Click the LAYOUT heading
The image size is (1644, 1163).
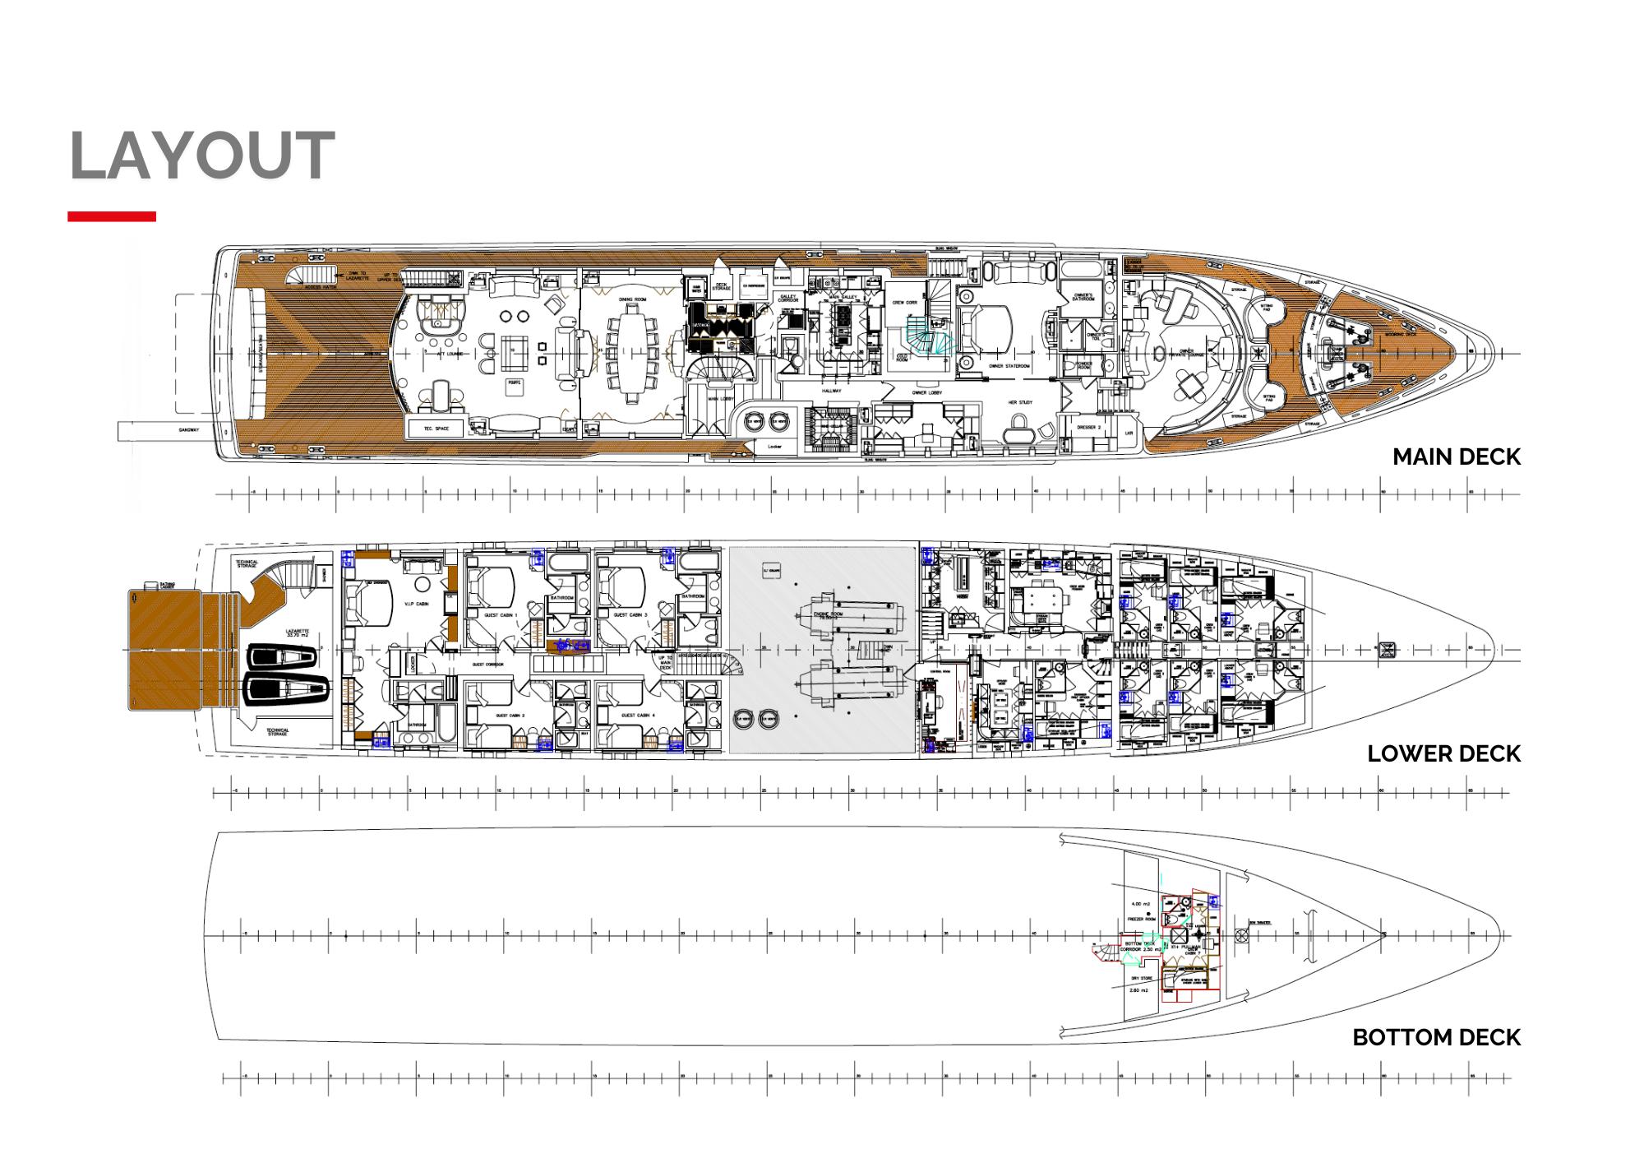point(202,155)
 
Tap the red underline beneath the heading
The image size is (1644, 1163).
point(112,216)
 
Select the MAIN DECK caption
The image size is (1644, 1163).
point(1456,457)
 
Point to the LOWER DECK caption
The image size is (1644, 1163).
point(1443,754)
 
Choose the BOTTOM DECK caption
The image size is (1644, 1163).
point(1436,1038)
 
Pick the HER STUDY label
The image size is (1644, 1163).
point(1020,402)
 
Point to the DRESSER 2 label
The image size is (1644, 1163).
point(1088,427)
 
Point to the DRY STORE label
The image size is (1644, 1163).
point(1141,978)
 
